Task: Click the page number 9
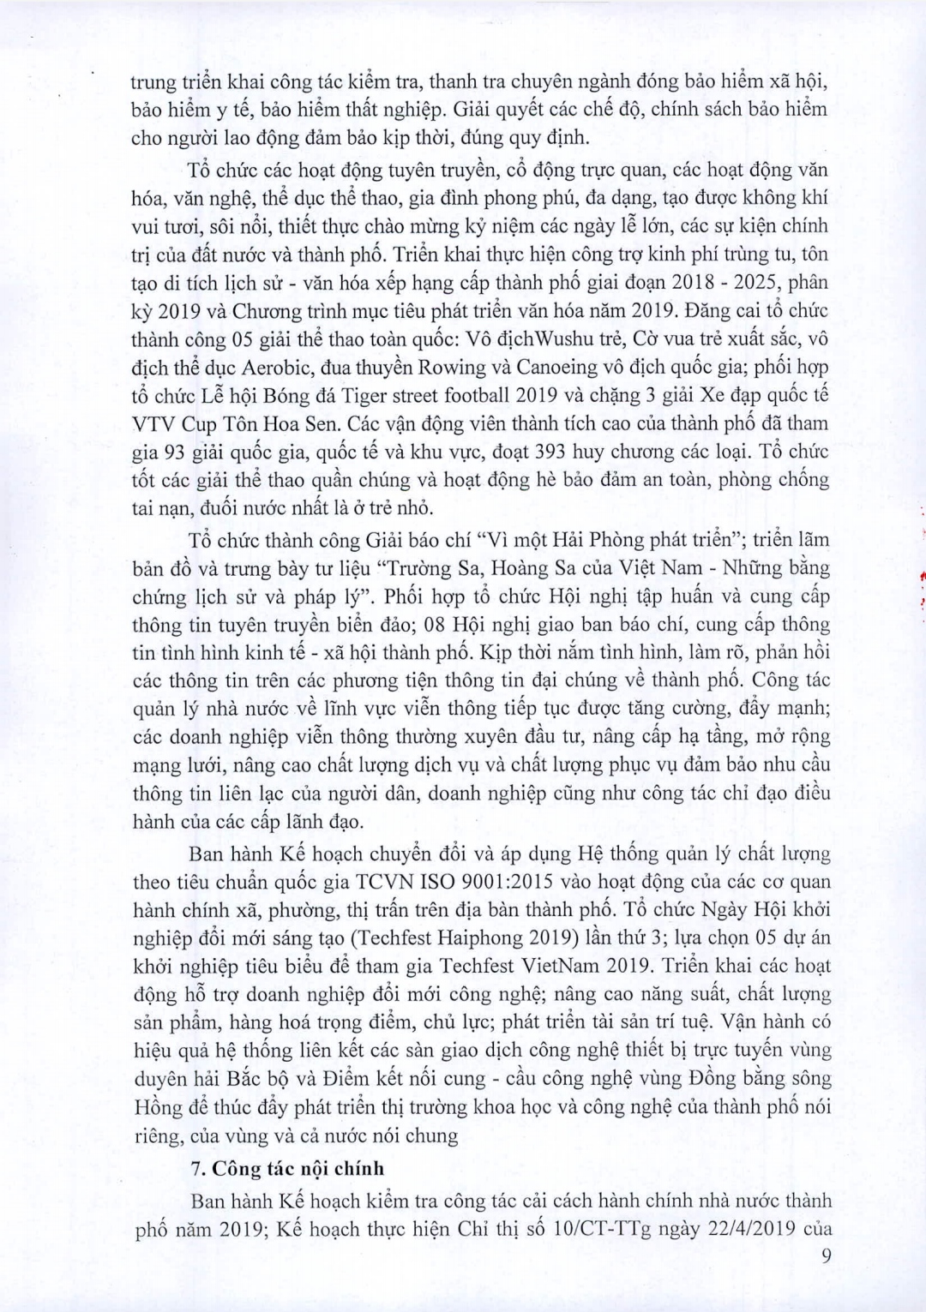(827, 1257)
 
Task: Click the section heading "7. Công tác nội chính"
(287, 1168)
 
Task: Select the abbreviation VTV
(153, 423)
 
